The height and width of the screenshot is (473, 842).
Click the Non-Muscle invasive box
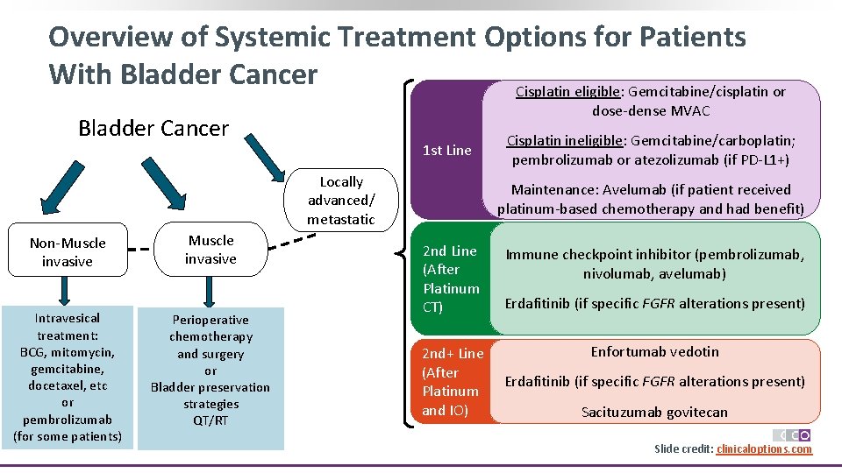coord(67,252)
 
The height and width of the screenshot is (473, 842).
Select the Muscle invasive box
coord(210,250)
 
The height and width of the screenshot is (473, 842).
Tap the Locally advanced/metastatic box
coord(341,201)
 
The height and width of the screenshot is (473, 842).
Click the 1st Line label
coord(446,150)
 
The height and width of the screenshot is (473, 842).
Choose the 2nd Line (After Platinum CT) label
coord(451,279)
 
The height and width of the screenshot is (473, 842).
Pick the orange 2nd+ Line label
coord(452,381)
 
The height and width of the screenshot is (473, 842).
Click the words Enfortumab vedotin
coord(654,351)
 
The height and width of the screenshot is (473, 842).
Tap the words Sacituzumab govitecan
coord(654,412)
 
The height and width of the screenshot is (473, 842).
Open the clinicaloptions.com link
coord(764,449)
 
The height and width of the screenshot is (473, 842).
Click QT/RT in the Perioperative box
coord(210,421)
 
